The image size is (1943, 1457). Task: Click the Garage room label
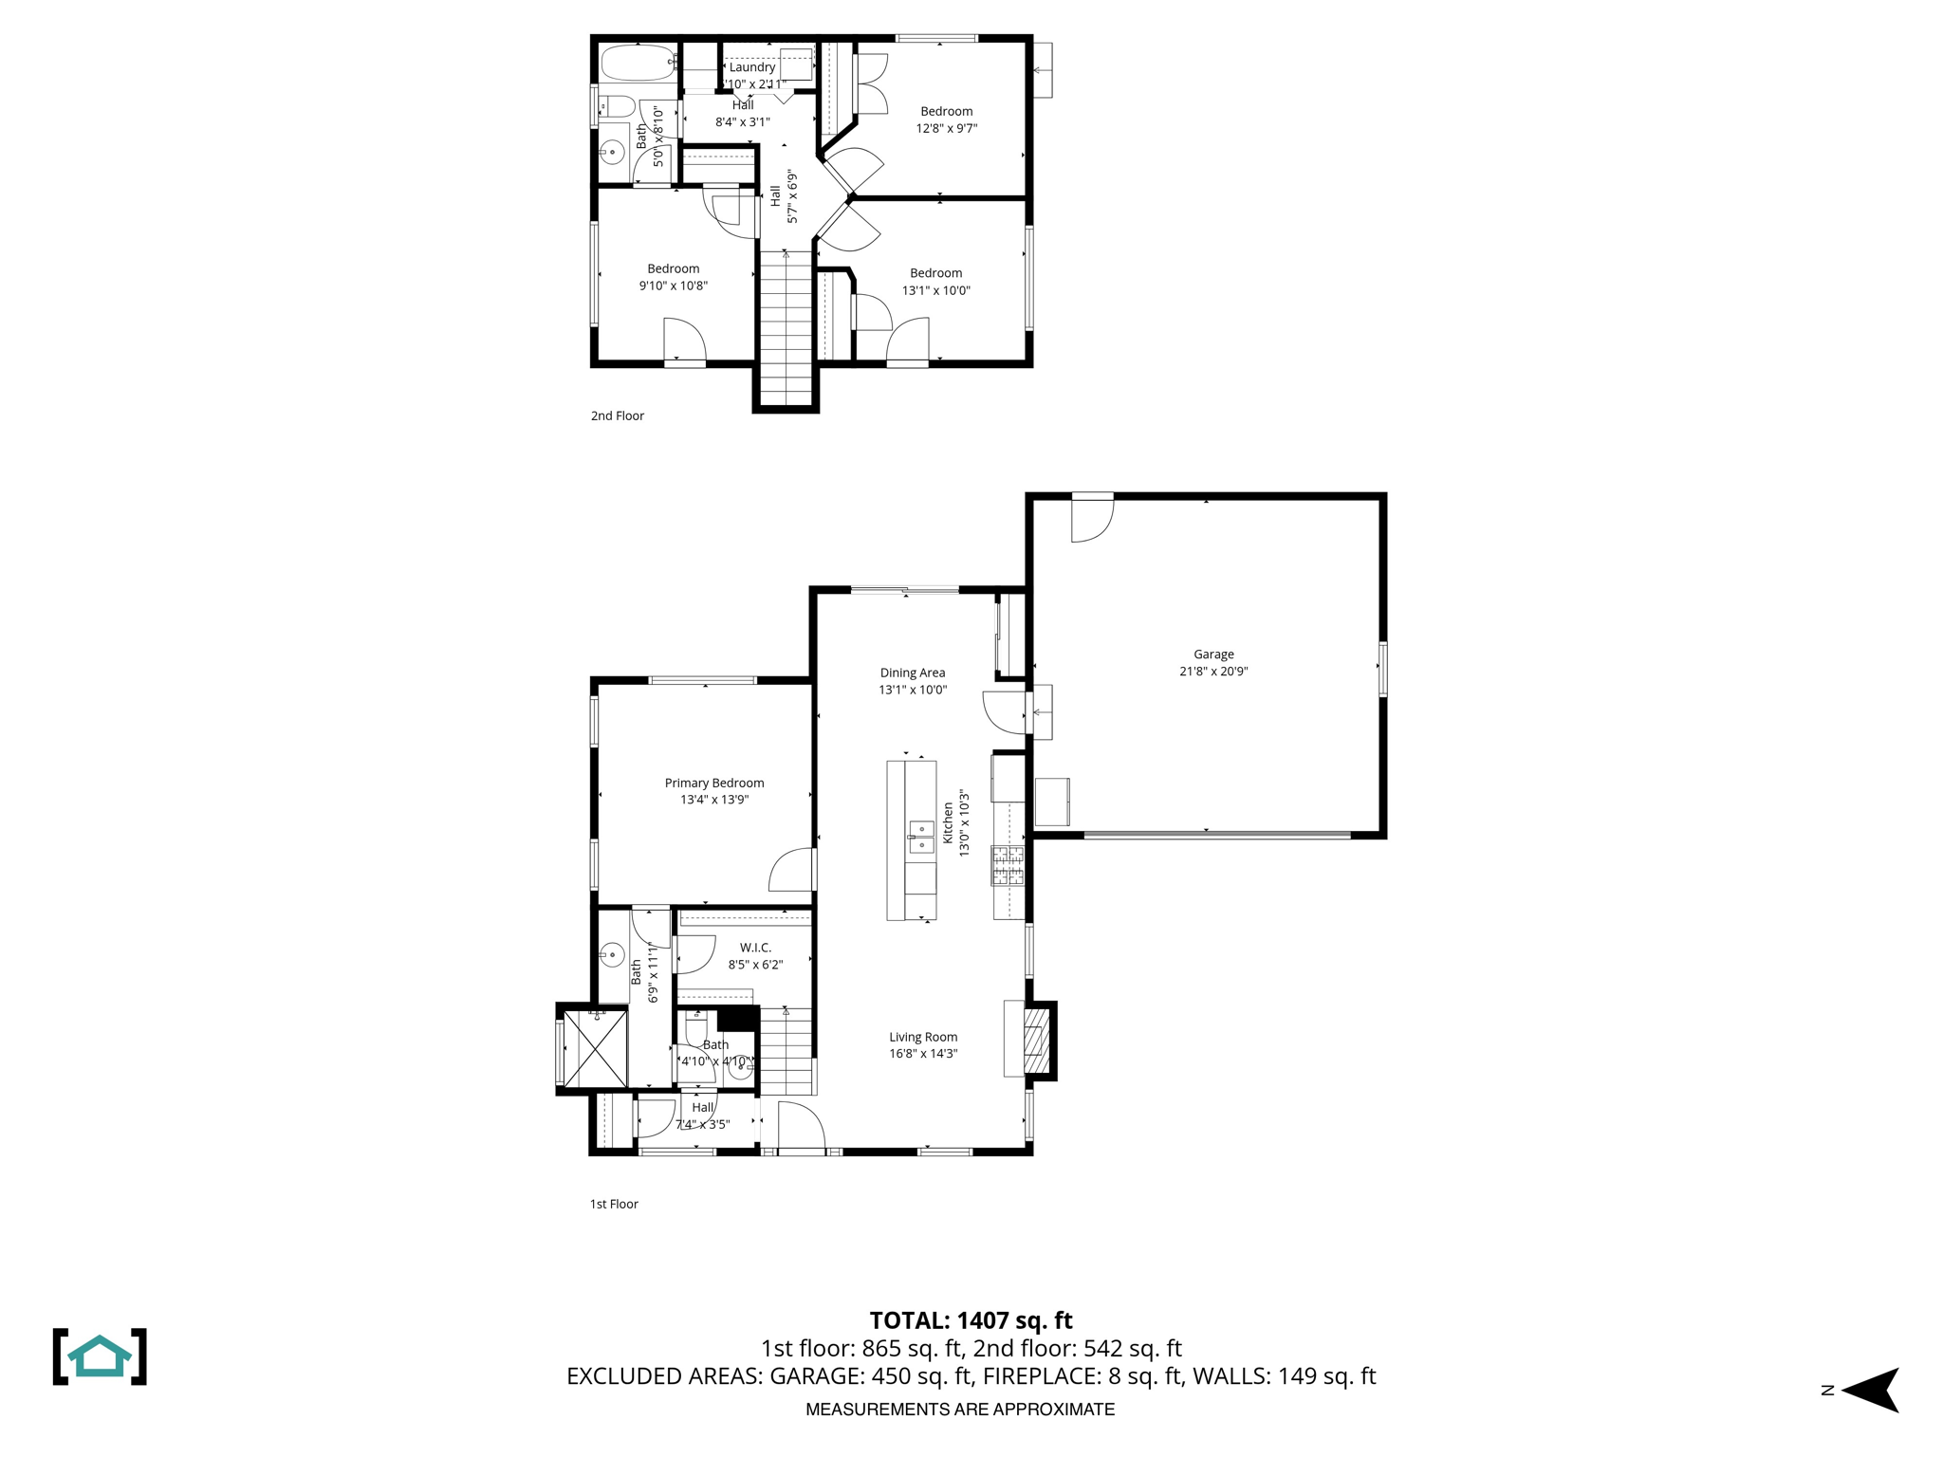tap(1213, 654)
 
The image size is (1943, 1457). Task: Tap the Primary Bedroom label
tap(713, 783)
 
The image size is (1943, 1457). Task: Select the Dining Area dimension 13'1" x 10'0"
tap(912, 690)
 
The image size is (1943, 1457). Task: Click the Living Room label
tap(922, 1037)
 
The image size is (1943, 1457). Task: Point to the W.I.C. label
tap(755, 948)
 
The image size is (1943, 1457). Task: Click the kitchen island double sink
tap(921, 837)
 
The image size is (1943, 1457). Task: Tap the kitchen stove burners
tap(1008, 864)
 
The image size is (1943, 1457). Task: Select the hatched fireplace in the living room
tap(1037, 1040)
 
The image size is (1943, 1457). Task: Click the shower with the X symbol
tap(595, 1049)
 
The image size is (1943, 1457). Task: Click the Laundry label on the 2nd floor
tap(751, 67)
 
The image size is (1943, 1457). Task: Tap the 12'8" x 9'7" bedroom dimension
tap(946, 128)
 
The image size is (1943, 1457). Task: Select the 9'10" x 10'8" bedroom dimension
tap(673, 286)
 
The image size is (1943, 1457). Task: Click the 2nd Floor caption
tap(617, 415)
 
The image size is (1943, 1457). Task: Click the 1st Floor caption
tap(614, 1204)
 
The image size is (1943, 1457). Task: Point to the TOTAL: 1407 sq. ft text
tap(971, 1320)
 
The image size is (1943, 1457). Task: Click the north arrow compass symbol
tap(1869, 1391)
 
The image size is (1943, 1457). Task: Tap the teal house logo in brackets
tap(100, 1356)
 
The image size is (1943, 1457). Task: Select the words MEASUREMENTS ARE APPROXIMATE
tap(959, 1410)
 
